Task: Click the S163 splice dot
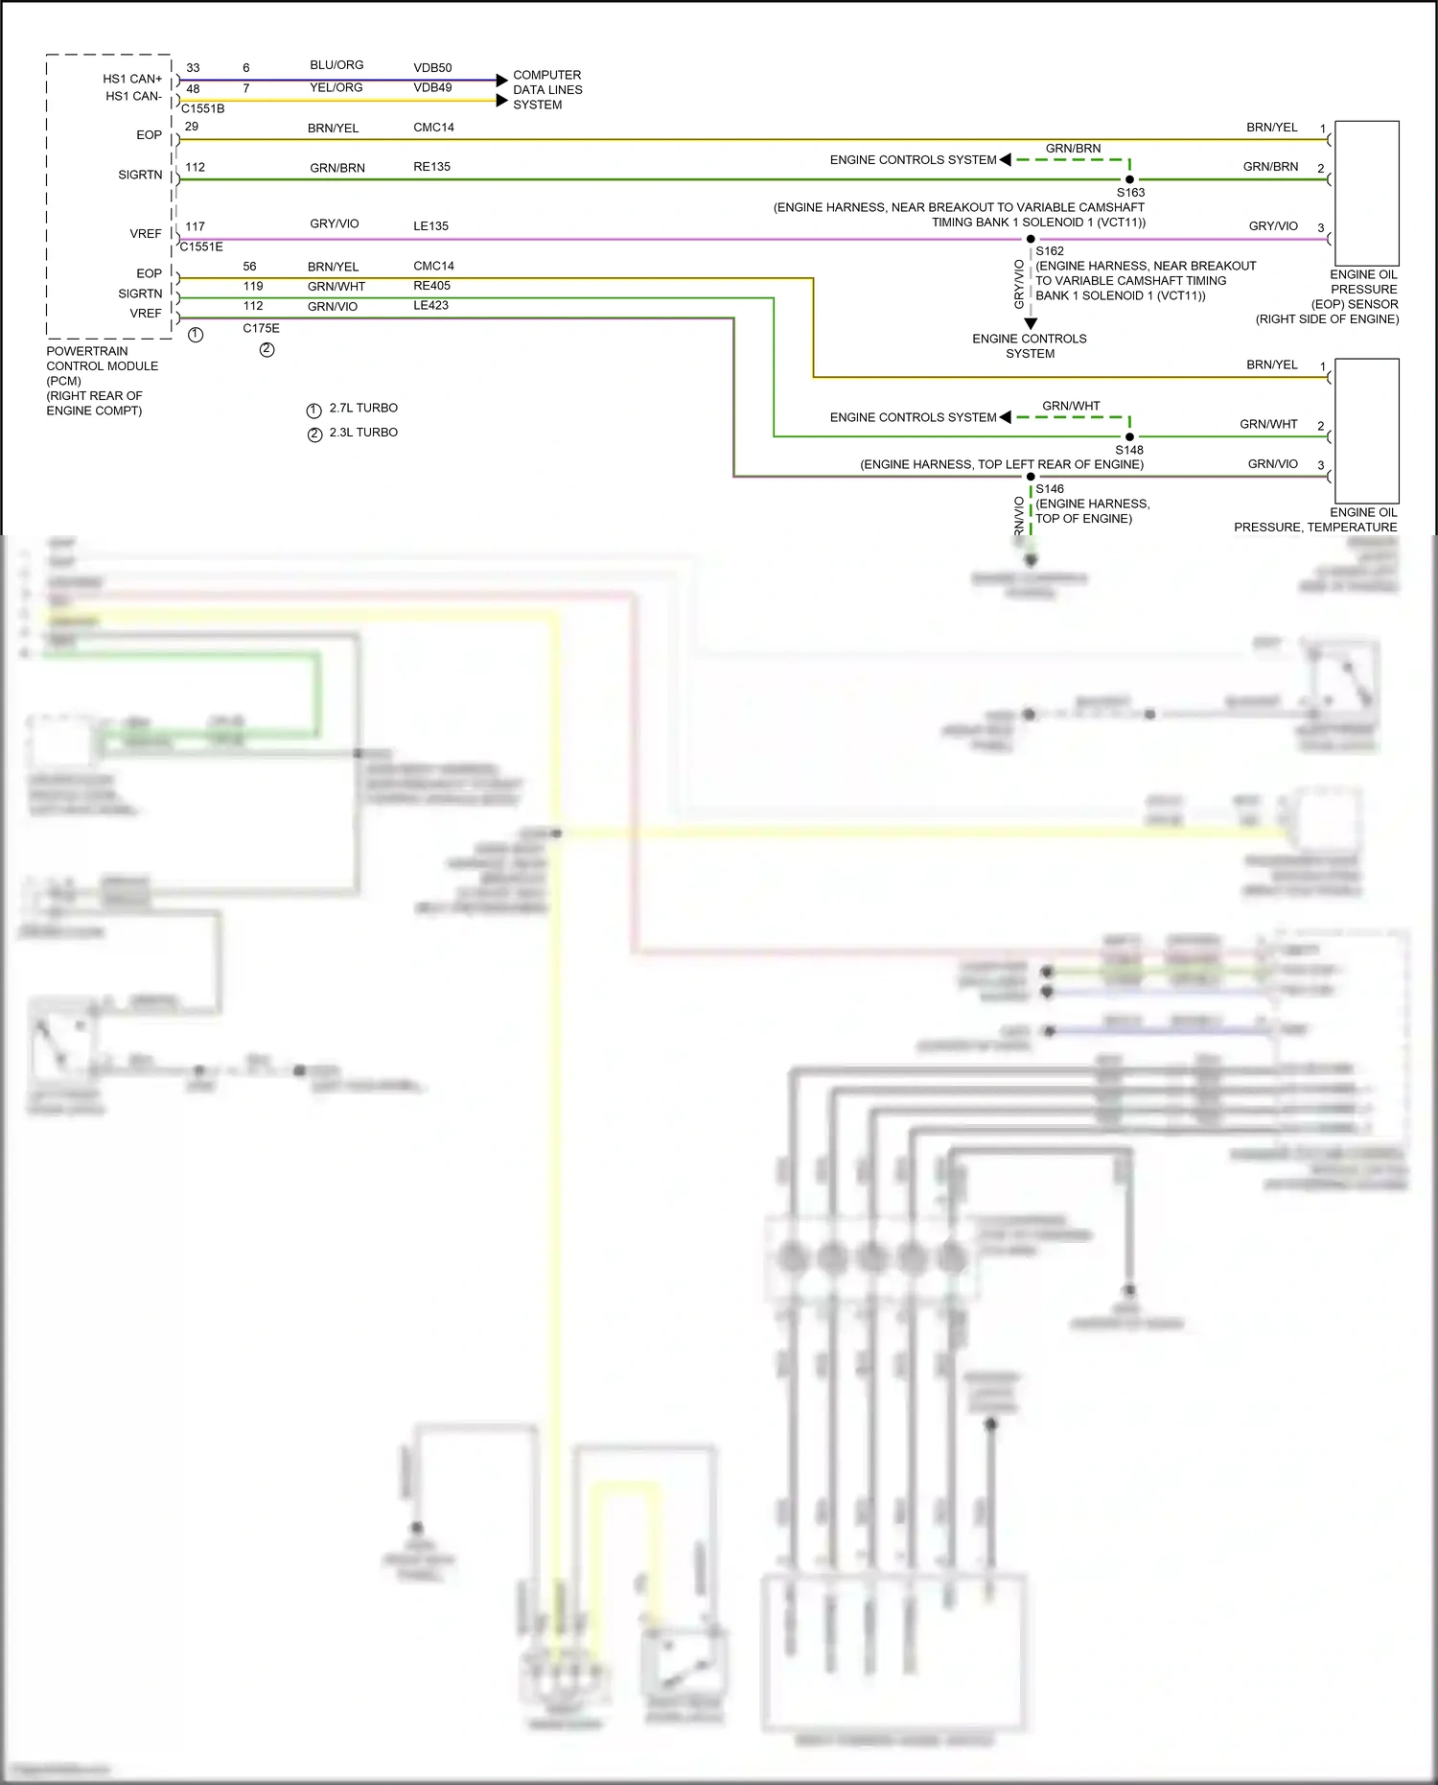click(x=1129, y=179)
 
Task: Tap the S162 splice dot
click(x=1031, y=239)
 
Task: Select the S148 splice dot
click(x=1129, y=436)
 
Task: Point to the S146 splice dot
click(x=1031, y=477)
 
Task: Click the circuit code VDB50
click(x=432, y=68)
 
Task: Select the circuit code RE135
click(x=431, y=167)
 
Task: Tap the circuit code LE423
click(x=430, y=305)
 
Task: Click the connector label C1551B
click(x=202, y=109)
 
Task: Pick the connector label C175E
click(x=261, y=328)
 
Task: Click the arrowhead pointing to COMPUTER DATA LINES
click(x=501, y=81)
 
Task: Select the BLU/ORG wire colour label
click(x=336, y=65)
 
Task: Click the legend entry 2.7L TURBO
click(x=362, y=409)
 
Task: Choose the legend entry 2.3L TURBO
click(x=362, y=433)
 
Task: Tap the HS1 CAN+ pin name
click(x=132, y=79)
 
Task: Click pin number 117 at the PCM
click(x=195, y=226)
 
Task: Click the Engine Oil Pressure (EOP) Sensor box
click(x=1366, y=193)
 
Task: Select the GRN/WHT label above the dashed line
click(x=1071, y=406)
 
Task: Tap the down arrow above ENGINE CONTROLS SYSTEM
click(x=1031, y=324)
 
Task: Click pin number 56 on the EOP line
click(x=249, y=267)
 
